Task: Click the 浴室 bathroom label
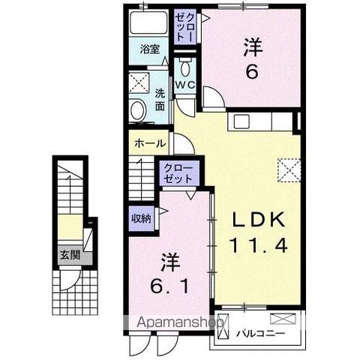click(150, 50)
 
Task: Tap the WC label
click(185, 84)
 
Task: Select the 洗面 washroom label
click(160, 100)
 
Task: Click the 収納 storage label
click(142, 218)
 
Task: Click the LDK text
click(257, 219)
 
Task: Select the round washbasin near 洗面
click(138, 111)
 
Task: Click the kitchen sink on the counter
click(242, 121)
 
